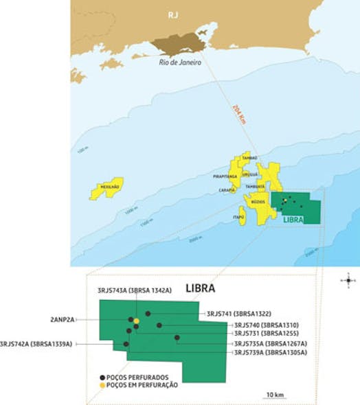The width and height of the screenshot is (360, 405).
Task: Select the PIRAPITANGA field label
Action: [x=225, y=176]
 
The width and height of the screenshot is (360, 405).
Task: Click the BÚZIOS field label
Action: [x=258, y=202]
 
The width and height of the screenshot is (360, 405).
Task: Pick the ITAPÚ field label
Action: [x=240, y=216]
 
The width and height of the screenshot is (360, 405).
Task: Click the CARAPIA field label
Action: [x=227, y=189]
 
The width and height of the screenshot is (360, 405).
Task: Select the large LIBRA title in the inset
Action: [x=200, y=288]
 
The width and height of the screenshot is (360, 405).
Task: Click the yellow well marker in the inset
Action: [x=136, y=321]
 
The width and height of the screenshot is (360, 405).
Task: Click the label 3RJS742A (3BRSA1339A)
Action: [x=36, y=343]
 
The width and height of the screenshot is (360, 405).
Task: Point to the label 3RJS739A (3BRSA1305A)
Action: [x=270, y=352]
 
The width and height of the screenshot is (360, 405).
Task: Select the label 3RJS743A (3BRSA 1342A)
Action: [x=135, y=291]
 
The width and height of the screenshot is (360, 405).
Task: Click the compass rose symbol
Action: [x=348, y=280]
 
